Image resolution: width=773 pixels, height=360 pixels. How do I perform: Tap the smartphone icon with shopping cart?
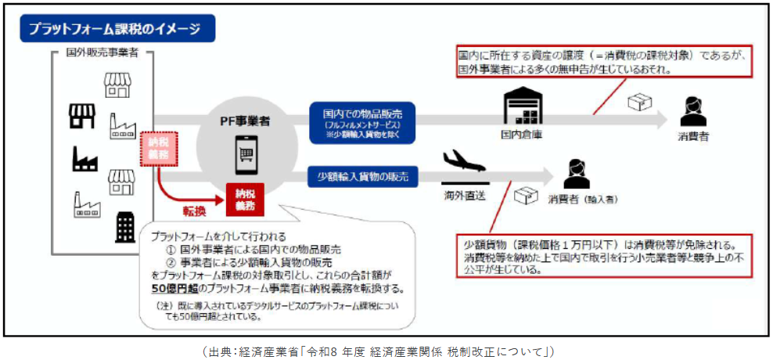click(x=245, y=155)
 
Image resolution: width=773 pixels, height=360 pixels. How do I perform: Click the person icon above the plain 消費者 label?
click(x=692, y=111)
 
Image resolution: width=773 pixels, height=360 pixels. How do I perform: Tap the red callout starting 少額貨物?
click(x=600, y=254)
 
